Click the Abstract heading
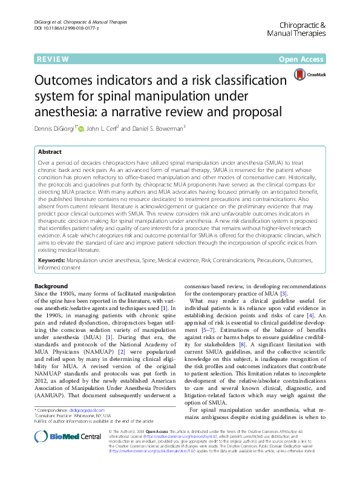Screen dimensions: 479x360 50,152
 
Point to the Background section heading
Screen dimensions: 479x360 51,286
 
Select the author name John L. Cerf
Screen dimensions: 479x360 103,128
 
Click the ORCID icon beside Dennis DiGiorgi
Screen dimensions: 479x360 82,128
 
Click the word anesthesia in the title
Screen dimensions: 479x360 65,111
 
